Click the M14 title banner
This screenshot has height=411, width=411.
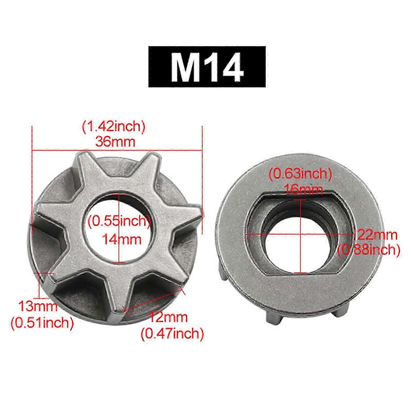(x=207, y=67)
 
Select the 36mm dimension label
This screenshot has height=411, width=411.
(x=115, y=141)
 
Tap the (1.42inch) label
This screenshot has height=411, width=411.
(x=114, y=127)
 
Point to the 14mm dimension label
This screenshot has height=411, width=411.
(x=122, y=240)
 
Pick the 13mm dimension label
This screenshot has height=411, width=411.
(x=38, y=306)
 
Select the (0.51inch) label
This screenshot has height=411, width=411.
(x=42, y=322)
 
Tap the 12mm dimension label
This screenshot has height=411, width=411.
(x=168, y=317)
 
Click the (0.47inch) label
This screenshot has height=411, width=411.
(x=172, y=334)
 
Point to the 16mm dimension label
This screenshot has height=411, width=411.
(x=303, y=190)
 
